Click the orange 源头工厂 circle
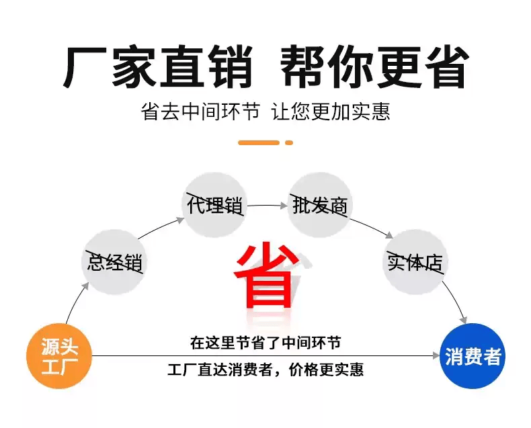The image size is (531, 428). (x=60, y=357)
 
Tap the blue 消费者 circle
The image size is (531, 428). (x=473, y=356)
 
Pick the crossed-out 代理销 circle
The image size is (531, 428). (x=214, y=205)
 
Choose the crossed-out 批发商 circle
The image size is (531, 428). (x=320, y=205)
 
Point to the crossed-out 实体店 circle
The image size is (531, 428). (x=415, y=262)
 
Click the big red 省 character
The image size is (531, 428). (x=267, y=275)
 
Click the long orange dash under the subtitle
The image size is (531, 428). (x=259, y=142)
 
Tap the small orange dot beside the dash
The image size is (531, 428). (x=289, y=142)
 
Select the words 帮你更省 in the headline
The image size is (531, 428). (x=374, y=67)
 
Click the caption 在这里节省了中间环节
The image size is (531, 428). (x=265, y=343)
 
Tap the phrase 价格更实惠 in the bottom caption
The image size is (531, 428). (x=331, y=370)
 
